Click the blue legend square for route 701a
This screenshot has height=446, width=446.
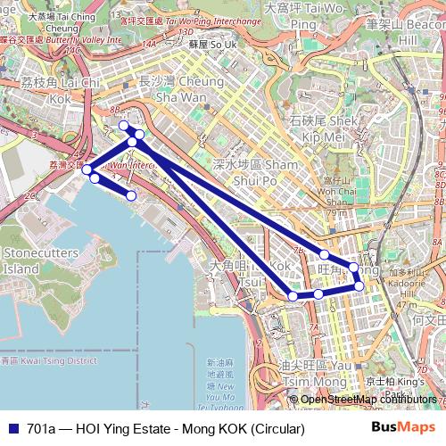pos(12,429)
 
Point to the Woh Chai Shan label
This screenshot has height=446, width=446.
pos(336,190)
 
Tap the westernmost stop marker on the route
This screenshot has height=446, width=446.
pos(87,169)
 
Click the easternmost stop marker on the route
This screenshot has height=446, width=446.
pos(359,286)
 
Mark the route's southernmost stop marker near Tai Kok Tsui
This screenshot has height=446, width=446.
pos(293,295)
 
